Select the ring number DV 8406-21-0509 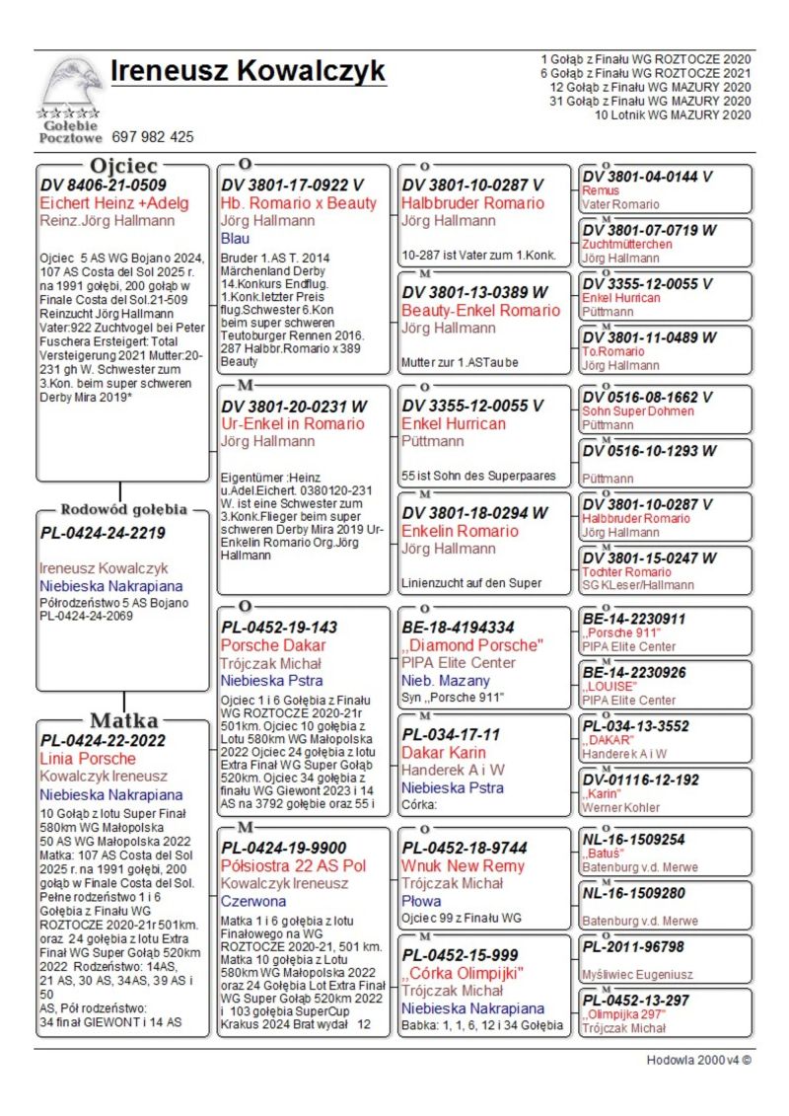[x=103, y=185]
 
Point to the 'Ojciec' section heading [x=123, y=166]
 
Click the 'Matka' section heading [x=123, y=719]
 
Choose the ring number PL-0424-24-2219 [x=103, y=533]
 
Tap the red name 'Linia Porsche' [x=88, y=758]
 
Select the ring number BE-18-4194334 [x=458, y=628]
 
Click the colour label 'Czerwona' [x=253, y=901]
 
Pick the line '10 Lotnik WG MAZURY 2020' [x=673, y=115]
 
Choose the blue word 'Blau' [x=236, y=238]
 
